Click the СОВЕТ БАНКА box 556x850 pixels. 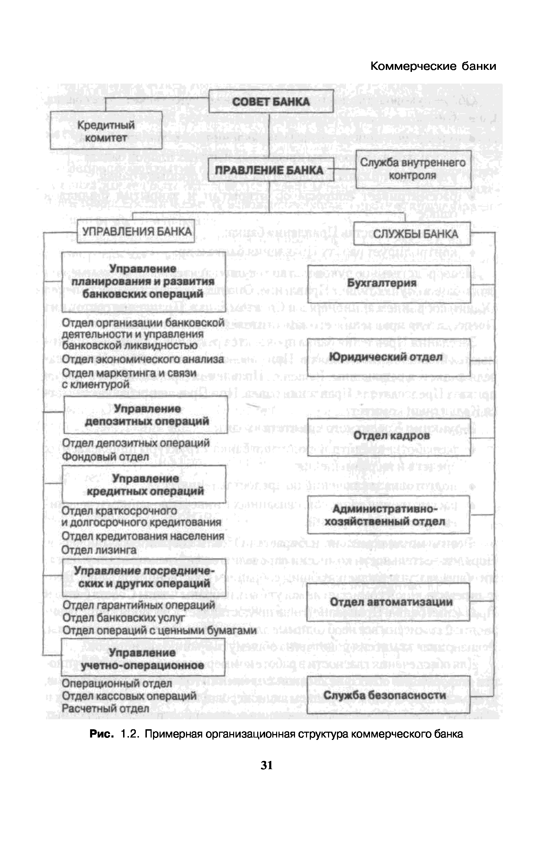click(x=271, y=101)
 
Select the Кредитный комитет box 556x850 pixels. click(x=106, y=130)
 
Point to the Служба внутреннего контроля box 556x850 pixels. click(x=413, y=169)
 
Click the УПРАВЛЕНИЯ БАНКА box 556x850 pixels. click(x=136, y=232)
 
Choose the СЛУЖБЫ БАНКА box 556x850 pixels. click(x=412, y=234)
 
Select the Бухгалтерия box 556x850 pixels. click(x=389, y=283)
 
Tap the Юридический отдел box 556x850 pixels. click(x=389, y=357)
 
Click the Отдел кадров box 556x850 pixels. click(x=389, y=436)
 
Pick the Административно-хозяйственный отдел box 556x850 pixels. click(x=388, y=515)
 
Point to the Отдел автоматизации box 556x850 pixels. click(x=388, y=602)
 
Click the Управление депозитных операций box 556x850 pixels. click(x=146, y=415)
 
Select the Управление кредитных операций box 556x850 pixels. click(x=144, y=484)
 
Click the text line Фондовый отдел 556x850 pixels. click(x=105, y=456)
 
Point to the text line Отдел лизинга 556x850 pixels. click(x=99, y=550)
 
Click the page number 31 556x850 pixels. click(x=267, y=765)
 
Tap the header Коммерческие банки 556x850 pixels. click(x=433, y=66)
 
